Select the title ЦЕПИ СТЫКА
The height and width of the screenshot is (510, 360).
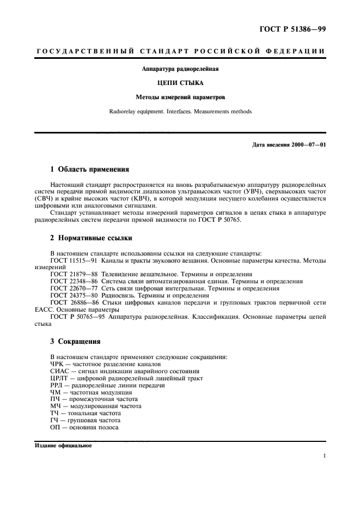click(x=179, y=83)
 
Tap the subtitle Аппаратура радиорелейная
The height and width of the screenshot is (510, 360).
click(x=179, y=69)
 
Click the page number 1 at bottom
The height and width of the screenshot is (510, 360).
click(x=324, y=457)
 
